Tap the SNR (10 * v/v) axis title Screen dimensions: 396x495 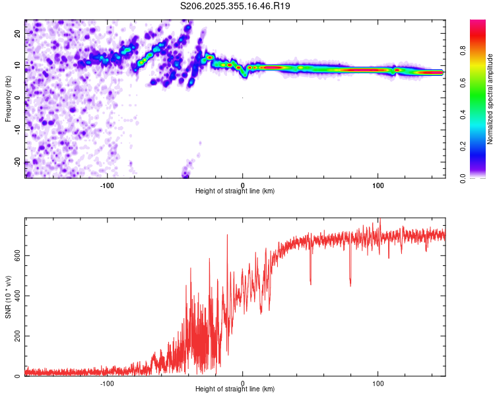pos(8,297)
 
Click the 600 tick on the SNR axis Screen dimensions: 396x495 pos(15,255)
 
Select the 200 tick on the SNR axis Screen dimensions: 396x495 pos(15,336)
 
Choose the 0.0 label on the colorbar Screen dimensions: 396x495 pos(480,178)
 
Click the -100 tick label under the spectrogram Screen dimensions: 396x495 pos(107,185)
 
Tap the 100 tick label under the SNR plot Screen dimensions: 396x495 pos(378,383)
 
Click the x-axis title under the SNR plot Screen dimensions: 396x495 pos(236,389)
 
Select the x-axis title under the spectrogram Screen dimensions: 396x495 pos(236,191)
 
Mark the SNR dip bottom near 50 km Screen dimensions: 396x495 pos(310,284)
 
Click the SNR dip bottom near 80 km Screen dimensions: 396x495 pos(350,285)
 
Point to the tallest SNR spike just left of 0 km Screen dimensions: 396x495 pos(228,235)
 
